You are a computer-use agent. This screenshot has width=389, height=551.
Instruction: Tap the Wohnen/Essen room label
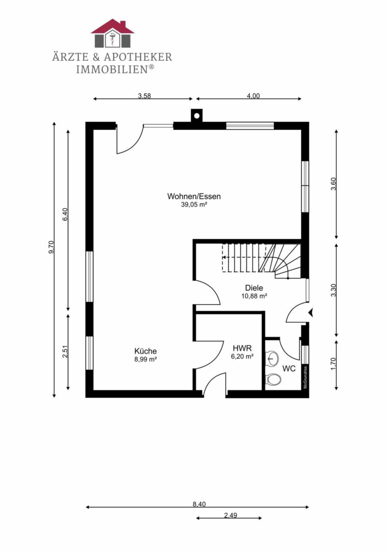tap(194, 196)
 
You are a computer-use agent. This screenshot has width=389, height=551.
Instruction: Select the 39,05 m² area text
tap(194, 205)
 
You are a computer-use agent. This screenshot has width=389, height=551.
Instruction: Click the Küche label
tap(145, 351)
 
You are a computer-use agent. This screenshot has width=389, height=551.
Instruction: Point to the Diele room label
tap(254, 288)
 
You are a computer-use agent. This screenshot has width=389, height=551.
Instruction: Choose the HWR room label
tap(242, 348)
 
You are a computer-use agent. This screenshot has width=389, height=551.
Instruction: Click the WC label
tap(289, 369)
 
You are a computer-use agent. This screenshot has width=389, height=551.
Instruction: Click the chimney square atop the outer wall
tap(197, 115)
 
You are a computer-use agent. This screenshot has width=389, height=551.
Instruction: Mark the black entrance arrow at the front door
tap(310, 312)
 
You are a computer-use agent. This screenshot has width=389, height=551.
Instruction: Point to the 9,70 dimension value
tap(51, 247)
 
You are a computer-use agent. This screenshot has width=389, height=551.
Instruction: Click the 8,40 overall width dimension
tap(199, 504)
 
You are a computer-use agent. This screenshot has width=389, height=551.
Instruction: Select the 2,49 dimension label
tap(230, 515)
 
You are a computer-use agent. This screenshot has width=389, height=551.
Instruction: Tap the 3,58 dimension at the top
tap(144, 95)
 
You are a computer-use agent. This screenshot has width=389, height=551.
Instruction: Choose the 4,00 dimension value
tap(253, 95)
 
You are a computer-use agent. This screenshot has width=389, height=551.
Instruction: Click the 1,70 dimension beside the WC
tap(333, 363)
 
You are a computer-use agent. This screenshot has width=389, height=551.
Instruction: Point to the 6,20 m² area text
tap(242, 356)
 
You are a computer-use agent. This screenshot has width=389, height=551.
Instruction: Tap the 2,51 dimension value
tap(65, 352)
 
